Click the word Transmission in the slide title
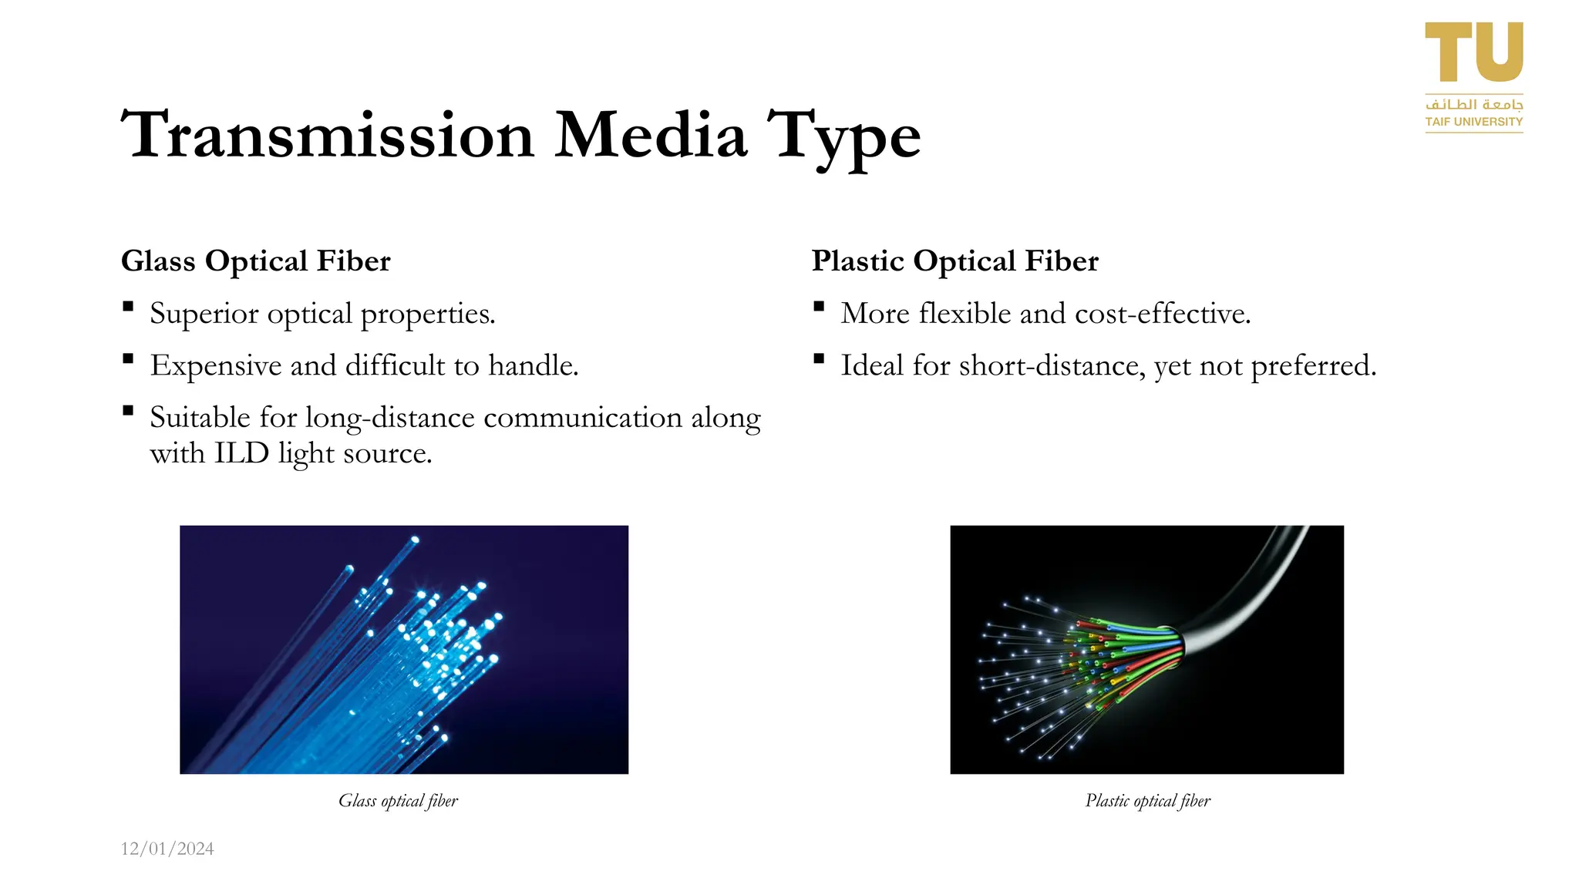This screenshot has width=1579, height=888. (x=328, y=136)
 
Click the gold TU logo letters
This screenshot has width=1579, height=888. (x=1473, y=52)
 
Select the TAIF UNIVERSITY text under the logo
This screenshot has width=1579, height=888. (x=1473, y=122)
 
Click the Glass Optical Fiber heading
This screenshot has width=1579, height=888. (x=255, y=261)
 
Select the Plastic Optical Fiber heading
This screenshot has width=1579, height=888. (x=954, y=261)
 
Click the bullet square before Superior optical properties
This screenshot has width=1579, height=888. (x=128, y=307)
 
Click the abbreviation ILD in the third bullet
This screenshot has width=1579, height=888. (x=241, y=453)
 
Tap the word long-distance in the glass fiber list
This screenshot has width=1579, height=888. (x=390, y=418)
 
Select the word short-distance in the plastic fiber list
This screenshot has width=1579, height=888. (x=1052, y=365)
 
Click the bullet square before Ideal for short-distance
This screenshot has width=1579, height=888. (x=819, y=358)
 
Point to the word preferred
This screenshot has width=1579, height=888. (x=1312, y=366)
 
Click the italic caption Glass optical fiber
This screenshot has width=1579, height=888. (x=398, y=801)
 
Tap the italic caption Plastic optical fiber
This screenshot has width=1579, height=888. (x=1147, y=801)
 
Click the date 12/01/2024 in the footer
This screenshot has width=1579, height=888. (x=167, y=849)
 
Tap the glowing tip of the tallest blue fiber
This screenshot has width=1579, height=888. (x=415, y=540)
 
